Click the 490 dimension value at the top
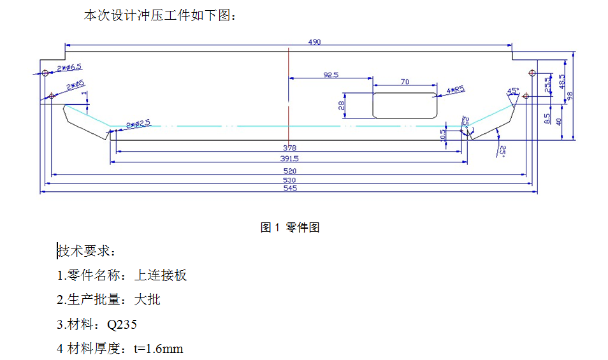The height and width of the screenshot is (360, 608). point(314,42)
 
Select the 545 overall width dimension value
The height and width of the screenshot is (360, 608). point(289,188)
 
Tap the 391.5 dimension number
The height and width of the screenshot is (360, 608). point(289,159)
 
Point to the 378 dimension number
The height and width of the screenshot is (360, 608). point(289,148)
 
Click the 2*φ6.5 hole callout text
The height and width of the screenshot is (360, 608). point(69,67)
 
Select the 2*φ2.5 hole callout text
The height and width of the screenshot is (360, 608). point(138,123)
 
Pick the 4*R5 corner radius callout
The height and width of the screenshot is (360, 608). point(456,90)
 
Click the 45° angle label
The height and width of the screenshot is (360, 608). point(513,90)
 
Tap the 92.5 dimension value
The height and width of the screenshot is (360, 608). point(331,75)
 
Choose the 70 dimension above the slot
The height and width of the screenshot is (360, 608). point(405,82)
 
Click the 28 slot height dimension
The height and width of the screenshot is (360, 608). point(342,105)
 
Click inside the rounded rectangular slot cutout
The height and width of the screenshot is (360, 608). point(405,105)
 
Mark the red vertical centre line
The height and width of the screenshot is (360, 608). point(289,96)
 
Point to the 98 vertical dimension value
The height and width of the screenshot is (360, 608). point(570,96)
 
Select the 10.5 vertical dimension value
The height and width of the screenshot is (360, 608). point(443,136)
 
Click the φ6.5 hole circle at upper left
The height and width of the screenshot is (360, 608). point(45,73)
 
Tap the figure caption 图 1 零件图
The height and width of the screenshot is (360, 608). point(290,227)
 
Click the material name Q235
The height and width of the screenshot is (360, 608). point(122,325)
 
